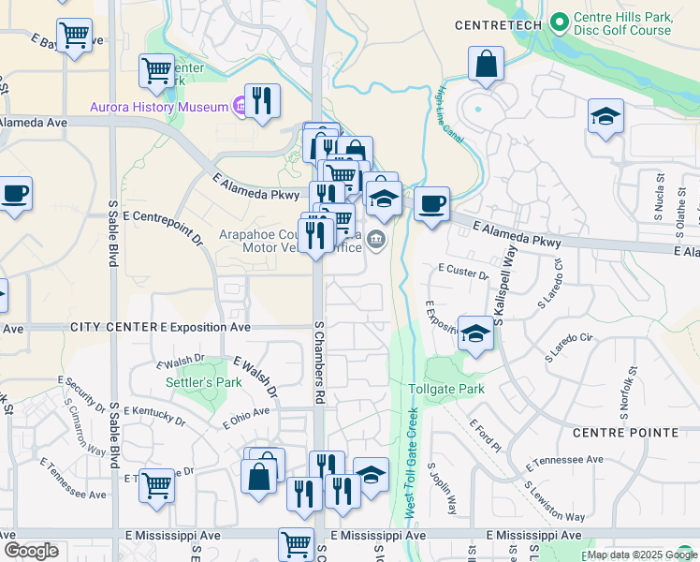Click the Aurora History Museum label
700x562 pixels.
159,107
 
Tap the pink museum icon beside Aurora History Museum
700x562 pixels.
240,107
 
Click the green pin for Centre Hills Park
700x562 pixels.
560,20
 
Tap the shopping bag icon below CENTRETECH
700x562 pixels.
487,65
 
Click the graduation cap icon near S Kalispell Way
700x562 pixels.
476,333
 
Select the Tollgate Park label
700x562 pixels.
446,389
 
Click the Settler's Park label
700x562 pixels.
203,382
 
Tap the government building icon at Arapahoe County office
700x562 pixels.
376,240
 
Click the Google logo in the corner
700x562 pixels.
31,551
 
